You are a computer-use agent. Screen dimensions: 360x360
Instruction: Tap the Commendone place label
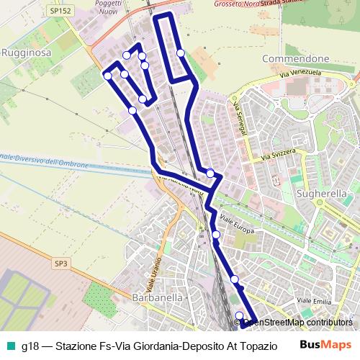pos(296,58)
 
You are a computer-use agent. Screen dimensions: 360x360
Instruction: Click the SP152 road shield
pos(58,12)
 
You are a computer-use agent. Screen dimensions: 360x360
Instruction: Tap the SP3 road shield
pos(60,264)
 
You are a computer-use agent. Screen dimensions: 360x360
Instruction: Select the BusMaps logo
pos(326,346)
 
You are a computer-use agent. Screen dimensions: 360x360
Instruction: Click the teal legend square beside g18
pos(9,346)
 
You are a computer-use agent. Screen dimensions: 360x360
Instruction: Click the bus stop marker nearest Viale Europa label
pos(216,234)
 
